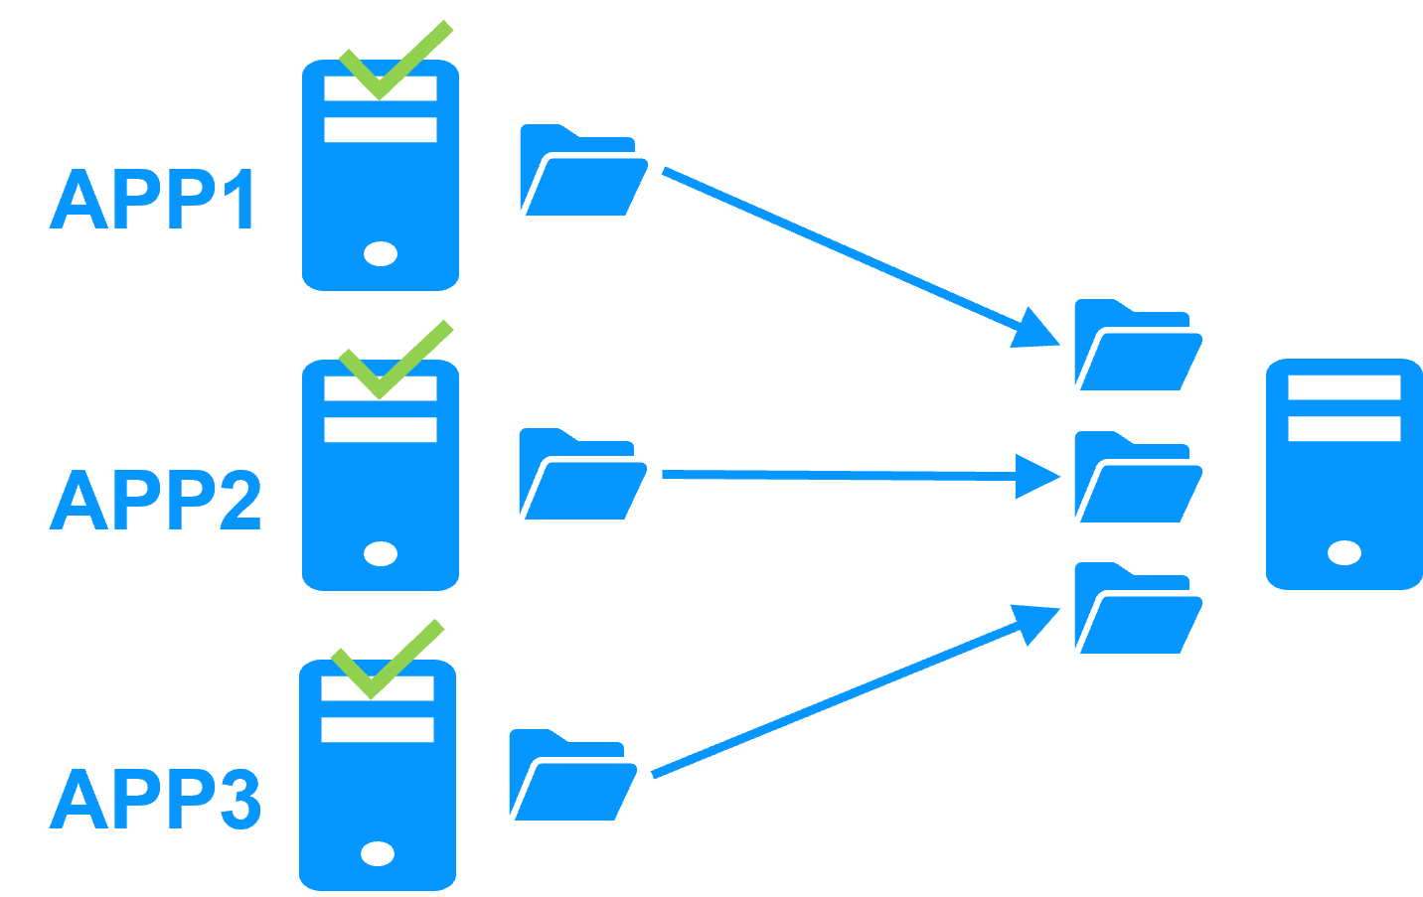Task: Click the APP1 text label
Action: click(x=154, y=200)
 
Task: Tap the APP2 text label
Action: click(x=155, y=500)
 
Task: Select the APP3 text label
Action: click(x=155, y=800)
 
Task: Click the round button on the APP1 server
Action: click(x=381, y=254)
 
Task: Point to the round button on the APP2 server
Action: click(x=381, y=553)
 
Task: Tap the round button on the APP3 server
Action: click(x=378, y=853)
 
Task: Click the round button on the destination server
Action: click(x=1344, y=552)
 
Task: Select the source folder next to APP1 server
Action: click(x=581, y=172)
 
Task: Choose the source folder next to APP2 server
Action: click(x=581, y=476)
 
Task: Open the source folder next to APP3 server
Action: click(x=570, y=777)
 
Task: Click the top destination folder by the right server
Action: click(x=1137, y=347)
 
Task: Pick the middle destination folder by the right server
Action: click(x=1137, y=479)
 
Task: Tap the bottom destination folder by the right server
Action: click(x=1137, y=610)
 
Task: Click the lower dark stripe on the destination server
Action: click(x=1344, y=429)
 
